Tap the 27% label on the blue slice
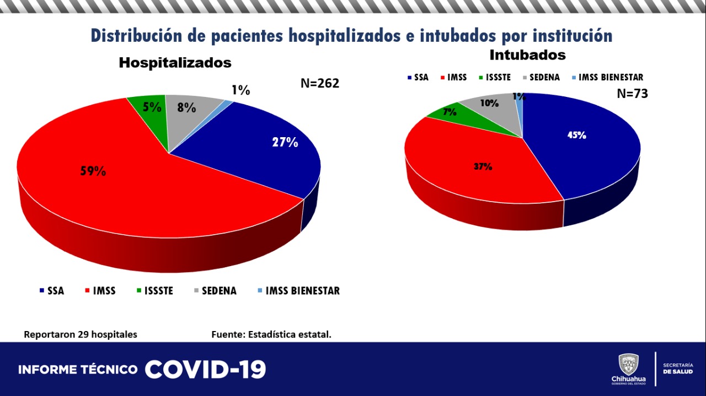pyautogui.click(x=285, y=142)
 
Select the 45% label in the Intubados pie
pyautogui.click(x=577, y=135)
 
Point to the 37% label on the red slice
pyautogui.click(x=483, y=166)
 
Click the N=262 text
pyautogui.click(x=319, y=83)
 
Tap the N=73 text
pyautogui.click(x=632, y=94)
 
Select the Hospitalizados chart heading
pyautogui.click(x=175, y=63)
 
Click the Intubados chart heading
pyautogui.click(x=527, y=55)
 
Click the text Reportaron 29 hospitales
pyautogui.click(x=81, y=334)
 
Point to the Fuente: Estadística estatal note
pyautogui.click(x=271, y=334)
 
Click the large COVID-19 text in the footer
pyautogui.click(x=205, y=370)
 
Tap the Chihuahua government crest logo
pyautogui.click(x=628, y=365)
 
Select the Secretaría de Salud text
pyautogui.click(x=678, y=368)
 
